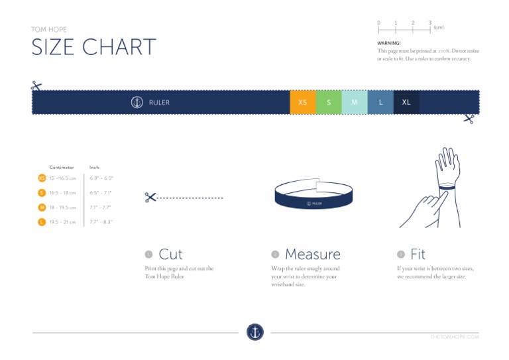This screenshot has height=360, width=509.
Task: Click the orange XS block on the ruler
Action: (x=303, y=102)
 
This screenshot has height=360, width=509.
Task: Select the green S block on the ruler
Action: (x=329, y=102)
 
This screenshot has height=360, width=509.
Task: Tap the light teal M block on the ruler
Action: (x=355, y=102)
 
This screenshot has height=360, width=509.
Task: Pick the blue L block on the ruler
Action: (x=380, y=102)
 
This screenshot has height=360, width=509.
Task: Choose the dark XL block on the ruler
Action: (x=406, y=102)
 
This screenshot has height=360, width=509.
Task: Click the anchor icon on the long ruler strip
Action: (x=137, y=102)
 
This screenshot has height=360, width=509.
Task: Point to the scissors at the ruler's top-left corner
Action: (x=36, y=86)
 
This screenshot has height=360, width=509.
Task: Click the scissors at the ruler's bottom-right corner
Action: (x=469, y=119)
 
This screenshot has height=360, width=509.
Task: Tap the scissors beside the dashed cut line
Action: (x=150, y=197)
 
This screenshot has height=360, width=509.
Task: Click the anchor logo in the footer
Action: (x=255, y=332)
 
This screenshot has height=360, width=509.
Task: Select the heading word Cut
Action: (x=170, y=254)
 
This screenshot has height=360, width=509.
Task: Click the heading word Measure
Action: (x=312, y=254)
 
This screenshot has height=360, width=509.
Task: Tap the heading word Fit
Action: (x=418, y=254)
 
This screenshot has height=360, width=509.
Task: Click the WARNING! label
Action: (x=389, y=43)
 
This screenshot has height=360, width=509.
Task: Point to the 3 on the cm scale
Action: (x=429, y=23)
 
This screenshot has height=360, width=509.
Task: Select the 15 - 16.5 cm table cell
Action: (x=63, y=178)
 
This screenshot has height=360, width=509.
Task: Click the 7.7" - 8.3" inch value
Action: (x=101, y=222)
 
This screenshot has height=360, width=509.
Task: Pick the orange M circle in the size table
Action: (x=42, y=208)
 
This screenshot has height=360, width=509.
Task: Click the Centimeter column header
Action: (x=62, y=167)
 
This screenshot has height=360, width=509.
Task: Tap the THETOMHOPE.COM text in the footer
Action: (x=454, y=337)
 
